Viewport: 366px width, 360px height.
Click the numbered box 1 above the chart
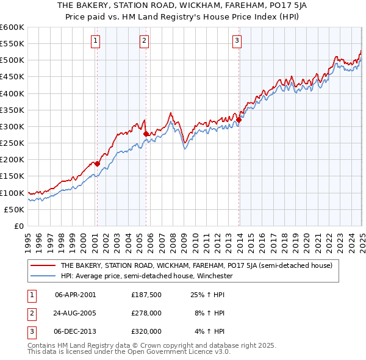96,41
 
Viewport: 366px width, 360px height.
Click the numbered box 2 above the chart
144,41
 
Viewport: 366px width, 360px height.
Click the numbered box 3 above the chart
237,41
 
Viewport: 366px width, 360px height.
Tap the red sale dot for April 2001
97,164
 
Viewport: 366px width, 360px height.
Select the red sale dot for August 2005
146,134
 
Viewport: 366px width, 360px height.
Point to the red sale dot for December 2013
239,120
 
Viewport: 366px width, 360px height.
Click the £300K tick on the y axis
12,126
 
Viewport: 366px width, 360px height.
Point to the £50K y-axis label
15,209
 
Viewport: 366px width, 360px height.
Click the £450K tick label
12,77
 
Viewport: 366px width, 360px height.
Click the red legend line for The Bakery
43,265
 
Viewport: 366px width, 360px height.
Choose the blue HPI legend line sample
43,276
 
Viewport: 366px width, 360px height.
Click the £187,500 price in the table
146,294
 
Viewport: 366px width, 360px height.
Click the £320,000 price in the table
146,331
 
